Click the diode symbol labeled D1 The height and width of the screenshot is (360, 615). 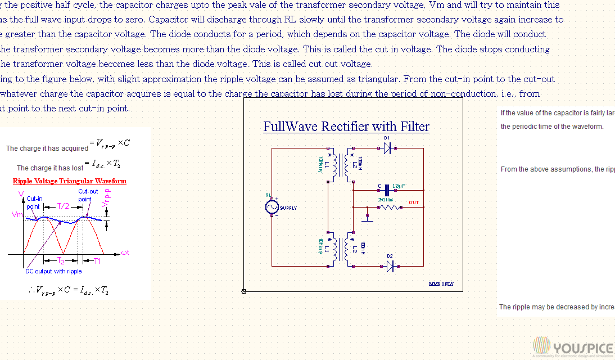(387, 148)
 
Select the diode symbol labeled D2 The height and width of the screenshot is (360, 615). (390, 266)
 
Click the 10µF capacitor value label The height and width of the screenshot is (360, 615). (399, 186)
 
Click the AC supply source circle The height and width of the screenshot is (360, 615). (272, 207)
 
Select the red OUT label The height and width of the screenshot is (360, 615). (414, 202)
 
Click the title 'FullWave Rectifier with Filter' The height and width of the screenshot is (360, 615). (346, 127)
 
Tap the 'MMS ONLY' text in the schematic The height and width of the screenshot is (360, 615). (441, 284)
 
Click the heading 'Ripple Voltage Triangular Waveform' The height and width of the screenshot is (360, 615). (69, 181)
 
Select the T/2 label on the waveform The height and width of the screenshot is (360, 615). (62, 206)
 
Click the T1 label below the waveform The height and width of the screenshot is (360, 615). (97, 261)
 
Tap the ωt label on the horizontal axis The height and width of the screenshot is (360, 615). (125, 253)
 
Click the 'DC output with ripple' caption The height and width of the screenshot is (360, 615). (53, 271)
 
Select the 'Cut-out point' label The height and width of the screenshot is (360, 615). (87, 195)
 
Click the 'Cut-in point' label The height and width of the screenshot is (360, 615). (34, 202)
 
